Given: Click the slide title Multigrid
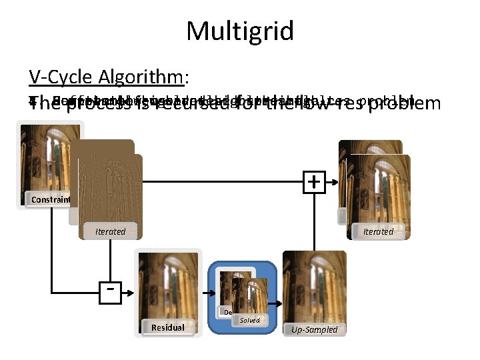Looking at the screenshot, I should tap(240, 31).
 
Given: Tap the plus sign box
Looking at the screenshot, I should tap(313, 181).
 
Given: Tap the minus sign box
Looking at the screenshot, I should tap(109, 291).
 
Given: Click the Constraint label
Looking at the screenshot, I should tap(50, 199).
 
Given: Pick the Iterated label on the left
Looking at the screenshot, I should tap(110, 231).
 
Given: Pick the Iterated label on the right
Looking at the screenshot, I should tap(378, 231).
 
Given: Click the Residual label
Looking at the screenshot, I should tap(168, 327).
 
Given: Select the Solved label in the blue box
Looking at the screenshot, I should tap(249, 321).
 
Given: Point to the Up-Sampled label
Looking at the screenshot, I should tap(315, 329).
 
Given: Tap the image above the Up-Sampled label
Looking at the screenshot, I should tap(315, 287).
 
